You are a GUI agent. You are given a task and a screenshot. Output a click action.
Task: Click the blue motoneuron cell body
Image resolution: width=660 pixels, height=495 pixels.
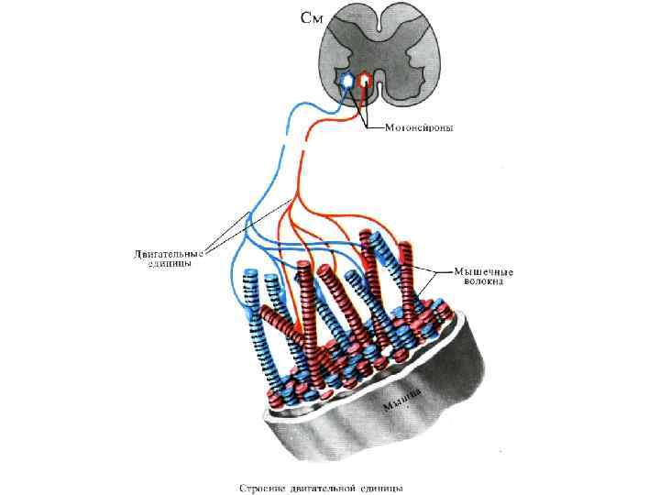[x=347, y=82]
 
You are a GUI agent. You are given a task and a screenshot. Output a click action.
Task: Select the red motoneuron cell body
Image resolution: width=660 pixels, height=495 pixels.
[x=365, y=82]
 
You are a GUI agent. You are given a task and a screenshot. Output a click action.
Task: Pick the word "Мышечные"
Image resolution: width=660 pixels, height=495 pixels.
[x=484, y=272]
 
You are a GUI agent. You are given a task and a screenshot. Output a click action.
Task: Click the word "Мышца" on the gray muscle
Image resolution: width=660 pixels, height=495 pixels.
[x=406, y=396]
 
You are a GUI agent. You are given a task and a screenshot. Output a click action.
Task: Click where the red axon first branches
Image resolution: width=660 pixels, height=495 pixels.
[x=294, y=197]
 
